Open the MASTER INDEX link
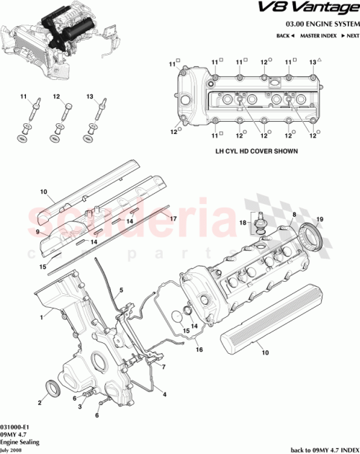319,35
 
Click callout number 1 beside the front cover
42,316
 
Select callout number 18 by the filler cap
243,223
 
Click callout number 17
172,217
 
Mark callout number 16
199,348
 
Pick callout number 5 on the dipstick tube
122,290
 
